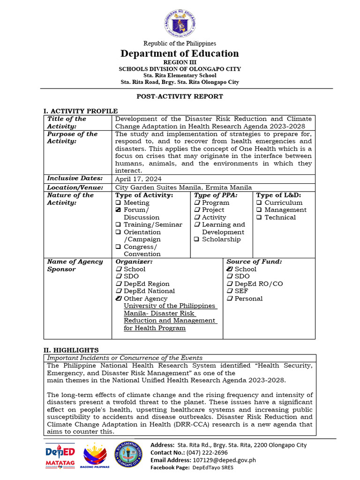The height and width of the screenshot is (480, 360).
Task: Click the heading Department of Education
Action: click(x=180, y=53)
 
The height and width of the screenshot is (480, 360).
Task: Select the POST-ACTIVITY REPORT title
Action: click(x=180, y=96)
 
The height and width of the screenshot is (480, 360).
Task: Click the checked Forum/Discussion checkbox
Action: click(x=118, y=210)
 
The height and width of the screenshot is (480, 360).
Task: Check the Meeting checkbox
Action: click(x=118, y=203)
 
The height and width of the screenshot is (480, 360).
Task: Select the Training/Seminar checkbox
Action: click(x=118, y=225)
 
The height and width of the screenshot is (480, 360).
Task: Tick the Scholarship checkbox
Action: click(x=197, y=240)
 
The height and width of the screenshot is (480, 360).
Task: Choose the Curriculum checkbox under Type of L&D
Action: click(x=259, y=203)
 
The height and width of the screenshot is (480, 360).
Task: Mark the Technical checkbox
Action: click(x=259, y=217)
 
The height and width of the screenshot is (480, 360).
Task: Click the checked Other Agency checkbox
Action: click(x=119, y=299)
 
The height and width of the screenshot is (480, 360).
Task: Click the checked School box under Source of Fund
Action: click(x=229, y=269)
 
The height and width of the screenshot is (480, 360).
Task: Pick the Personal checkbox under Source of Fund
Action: click(x=230, y=299)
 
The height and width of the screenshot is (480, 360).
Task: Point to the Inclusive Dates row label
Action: click(x=75, y=178)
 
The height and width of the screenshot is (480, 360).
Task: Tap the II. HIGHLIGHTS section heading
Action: click(x=71, y=350)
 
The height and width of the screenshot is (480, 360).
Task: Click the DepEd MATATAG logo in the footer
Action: click(x=60, y=456)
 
